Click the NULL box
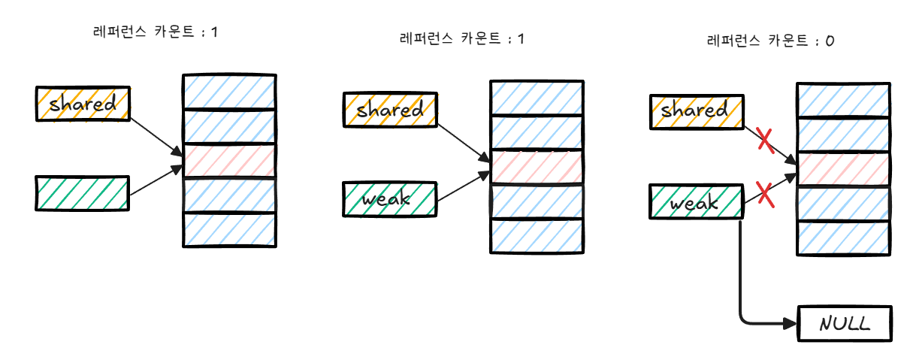click(x=845, y=325)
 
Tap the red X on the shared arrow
click(x=765, y=141)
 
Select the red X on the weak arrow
click(x=764, y=195)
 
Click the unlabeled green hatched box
click(x=83, y=192)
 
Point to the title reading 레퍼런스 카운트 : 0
click(x=770, y=42)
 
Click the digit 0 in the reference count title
click(x=829, y=42)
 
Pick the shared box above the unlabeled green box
click(x=83, y=104)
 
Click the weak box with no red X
click(x=389, y=198)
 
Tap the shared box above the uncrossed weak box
click(x=389, y=110)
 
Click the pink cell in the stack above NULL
click(x=843, y=169)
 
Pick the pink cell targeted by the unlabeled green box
click(x=230, y=161)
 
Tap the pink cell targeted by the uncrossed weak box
click(x=537, y=168)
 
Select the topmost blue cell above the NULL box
click(x=843, y=101)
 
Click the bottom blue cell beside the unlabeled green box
click(x=230, y=229)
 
